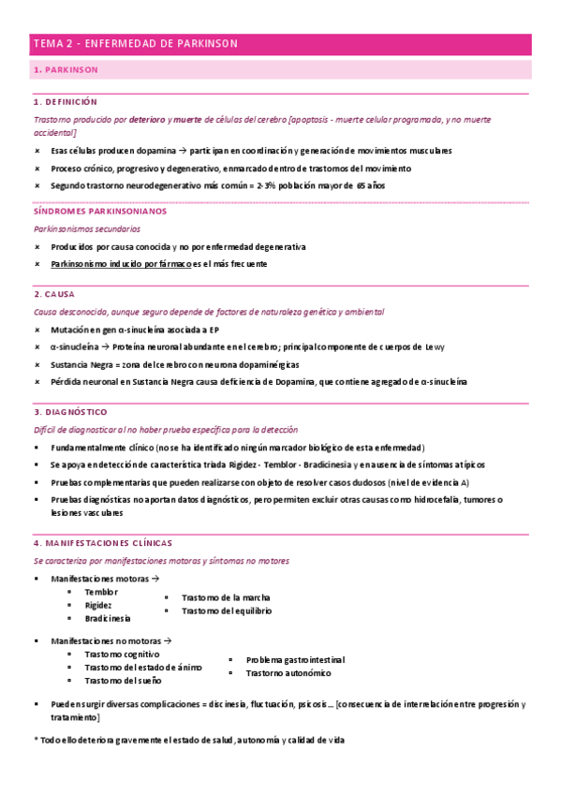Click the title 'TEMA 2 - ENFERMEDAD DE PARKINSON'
click(136, 44)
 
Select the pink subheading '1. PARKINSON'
click(65, 70)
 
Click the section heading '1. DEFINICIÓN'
click(65, 101)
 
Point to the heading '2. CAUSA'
click(54, 294)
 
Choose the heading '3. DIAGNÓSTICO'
click(70, 412)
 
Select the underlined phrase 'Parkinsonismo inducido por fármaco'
click(121, 264)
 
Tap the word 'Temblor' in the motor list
click(101, 592)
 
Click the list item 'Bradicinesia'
click(108, 618)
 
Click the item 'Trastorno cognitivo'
click(122, 654)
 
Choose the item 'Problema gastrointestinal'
click(295, 659)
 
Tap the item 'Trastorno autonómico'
click(288, 673)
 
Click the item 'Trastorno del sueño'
click(121, 680)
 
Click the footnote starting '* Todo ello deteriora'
click(188, 740)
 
